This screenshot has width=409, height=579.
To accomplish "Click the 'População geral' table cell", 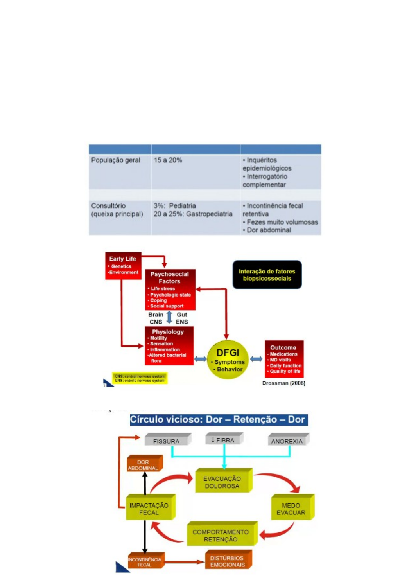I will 116,160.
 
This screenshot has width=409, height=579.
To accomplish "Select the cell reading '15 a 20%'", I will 168,160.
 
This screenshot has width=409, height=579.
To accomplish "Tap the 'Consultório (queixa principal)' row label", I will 117,210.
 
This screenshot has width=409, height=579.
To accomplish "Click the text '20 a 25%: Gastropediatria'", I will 193,214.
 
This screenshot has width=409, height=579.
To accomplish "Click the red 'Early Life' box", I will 123,266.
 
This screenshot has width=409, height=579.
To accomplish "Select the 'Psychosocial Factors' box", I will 170,289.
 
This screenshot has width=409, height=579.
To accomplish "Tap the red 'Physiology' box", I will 169,346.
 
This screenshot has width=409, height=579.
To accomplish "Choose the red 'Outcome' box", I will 284,359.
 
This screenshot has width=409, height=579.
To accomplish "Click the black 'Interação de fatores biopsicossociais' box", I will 267,275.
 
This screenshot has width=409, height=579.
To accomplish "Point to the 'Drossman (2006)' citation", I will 283,383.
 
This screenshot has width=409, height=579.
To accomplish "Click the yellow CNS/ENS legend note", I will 140,378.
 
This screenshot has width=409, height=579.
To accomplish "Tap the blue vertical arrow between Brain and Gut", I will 169,318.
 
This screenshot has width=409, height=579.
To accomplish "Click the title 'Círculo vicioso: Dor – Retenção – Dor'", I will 218,420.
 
